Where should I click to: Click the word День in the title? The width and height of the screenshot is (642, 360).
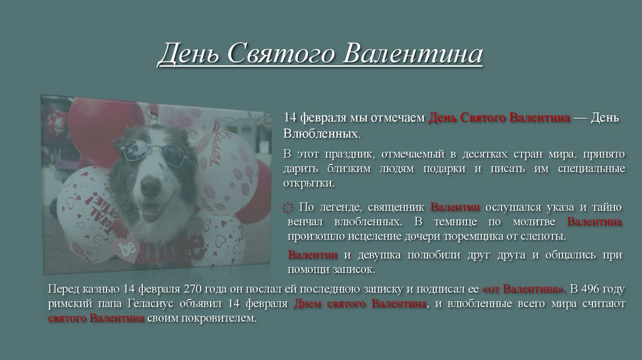(x=187, y=55)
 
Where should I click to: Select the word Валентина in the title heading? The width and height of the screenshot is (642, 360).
(x=414, y=55)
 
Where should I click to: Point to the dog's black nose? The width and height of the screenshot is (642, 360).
(x=150, y=186)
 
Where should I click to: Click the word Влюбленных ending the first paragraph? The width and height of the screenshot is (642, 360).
(x=322, y=134)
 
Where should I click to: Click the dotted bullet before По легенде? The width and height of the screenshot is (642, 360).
(x=288, y=208)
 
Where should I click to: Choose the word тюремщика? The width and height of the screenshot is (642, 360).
(x=453, y=237)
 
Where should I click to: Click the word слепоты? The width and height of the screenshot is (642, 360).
(x=544, y=237)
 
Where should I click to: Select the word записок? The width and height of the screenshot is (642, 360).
(x=355, y=270)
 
